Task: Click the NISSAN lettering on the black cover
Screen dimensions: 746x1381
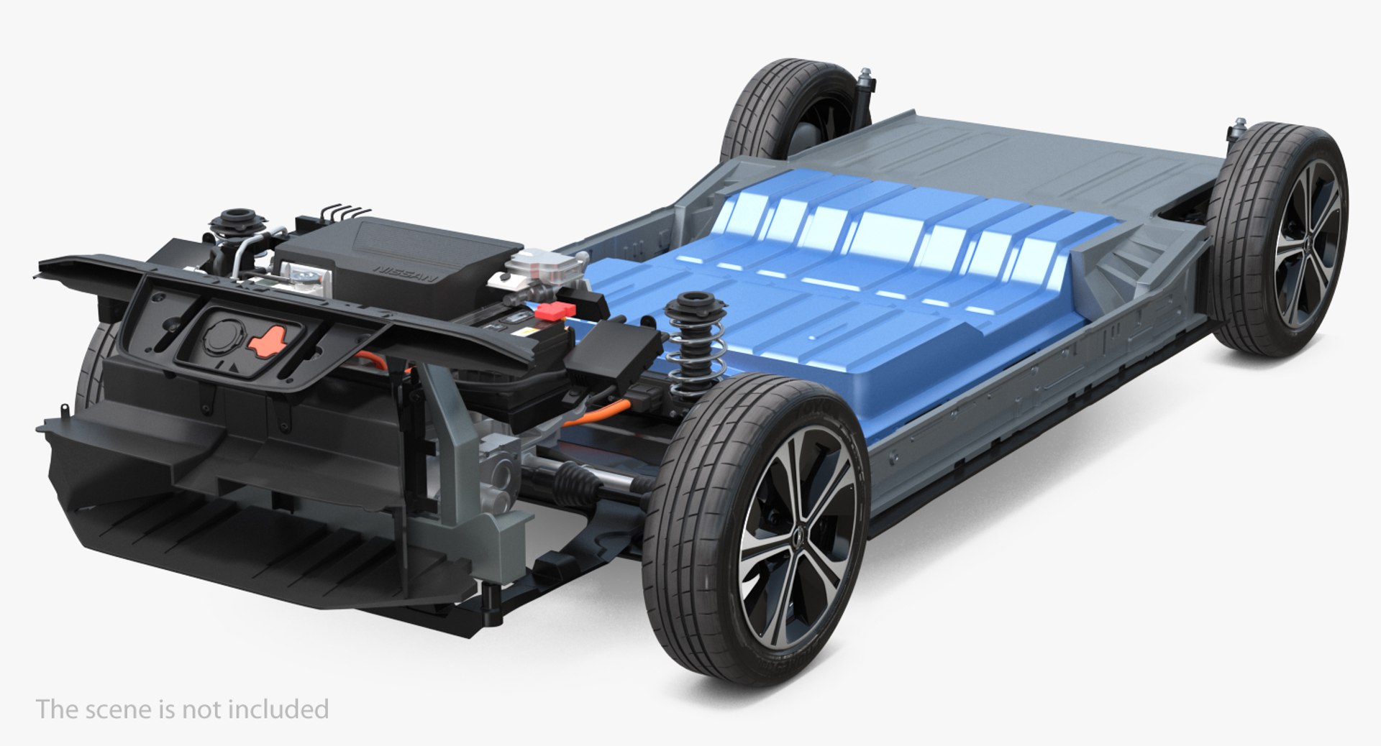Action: point(405,274)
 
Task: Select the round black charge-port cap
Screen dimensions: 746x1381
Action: point(221,334)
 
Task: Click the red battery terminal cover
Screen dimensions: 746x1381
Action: point(557,311)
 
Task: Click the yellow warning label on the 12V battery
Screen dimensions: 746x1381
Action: point(529,333)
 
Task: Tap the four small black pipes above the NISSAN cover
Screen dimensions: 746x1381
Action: point(346,211)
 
